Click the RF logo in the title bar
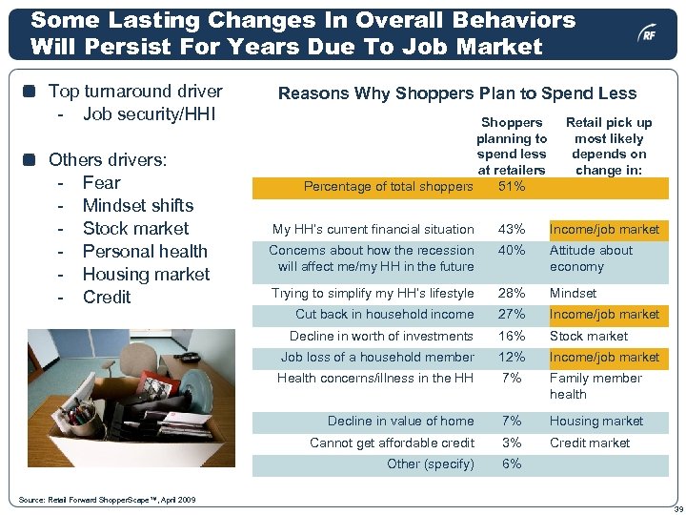pos(647,33)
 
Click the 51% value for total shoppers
pos(512,186)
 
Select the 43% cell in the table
pos(512,229)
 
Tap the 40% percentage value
pos(512,251)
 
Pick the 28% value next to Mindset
pos(512,293)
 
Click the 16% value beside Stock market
pos(512,336)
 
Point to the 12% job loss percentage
pos(512,357)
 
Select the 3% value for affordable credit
pos(512,443)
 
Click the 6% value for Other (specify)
pos(512,463)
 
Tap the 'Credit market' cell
pos(589,443)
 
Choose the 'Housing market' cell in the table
pos(595,421)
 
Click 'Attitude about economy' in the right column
pos(591,258)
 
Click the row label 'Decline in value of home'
pos(400,421)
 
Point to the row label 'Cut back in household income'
pos(384,314)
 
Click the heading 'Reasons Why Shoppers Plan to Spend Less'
pos(456,93)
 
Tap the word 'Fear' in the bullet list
pos(102,182)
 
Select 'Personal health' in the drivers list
pos(145,251)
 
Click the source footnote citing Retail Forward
pos(107,500)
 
